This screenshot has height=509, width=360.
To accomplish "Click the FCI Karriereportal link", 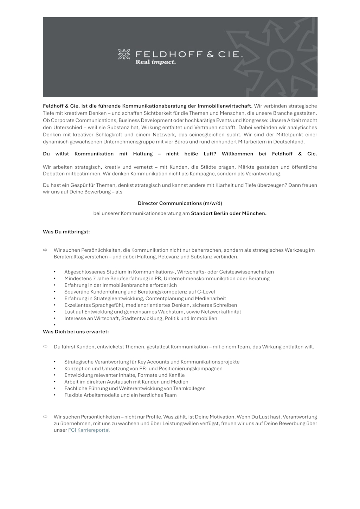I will click(x=89, y=430).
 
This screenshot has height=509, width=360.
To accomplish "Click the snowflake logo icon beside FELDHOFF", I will click(x=124, y=54).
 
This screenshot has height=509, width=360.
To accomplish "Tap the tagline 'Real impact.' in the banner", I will click(x=155, y=62).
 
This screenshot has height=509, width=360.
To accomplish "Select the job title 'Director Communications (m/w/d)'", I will click(x=180, y=203).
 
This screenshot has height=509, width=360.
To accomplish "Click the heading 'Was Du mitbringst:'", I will click(x=66, y=232).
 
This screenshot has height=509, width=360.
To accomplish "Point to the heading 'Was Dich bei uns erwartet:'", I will click(x=76, y=331).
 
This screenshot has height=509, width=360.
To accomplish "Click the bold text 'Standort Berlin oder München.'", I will click(x=229, y=213).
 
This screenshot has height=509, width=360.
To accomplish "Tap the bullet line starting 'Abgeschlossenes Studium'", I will click(x=169, y=272).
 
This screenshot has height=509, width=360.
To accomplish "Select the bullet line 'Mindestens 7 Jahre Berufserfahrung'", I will click(x=167, y=278).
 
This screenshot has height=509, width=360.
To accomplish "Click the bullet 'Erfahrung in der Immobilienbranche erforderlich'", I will click(x=120, y=285).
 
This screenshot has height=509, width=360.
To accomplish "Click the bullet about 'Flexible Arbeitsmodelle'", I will click(x=120, y=395).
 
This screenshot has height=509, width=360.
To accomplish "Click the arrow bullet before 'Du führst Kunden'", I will click(x=45, y=347).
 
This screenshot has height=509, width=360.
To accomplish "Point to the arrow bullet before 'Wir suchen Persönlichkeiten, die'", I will click(x=45, y=250).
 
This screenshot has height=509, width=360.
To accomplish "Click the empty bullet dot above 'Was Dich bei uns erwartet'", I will click(x=55, y=325).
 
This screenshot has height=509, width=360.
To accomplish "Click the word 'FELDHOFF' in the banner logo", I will click(x=169, y=54).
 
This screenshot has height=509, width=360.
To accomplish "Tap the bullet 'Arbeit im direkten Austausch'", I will click(x=126, y=382).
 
